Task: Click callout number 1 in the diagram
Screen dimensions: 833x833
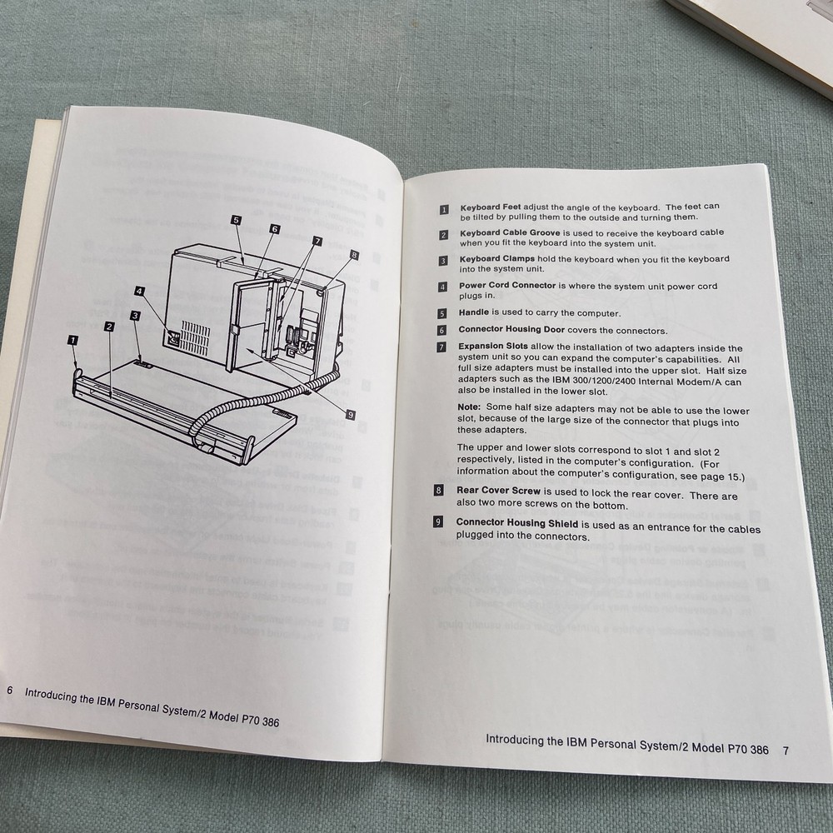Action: [x=73, y=339]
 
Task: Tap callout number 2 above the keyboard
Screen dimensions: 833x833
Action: [x=109, y=327]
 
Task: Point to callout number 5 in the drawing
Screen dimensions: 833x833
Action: [x=237, y=220]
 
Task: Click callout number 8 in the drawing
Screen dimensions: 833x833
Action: [x=354, y=255]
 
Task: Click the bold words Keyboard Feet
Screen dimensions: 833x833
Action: [x=489, y=207]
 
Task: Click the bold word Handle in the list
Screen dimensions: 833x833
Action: [x=472, y=313]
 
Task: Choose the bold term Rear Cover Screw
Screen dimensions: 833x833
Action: [x=495, y=491]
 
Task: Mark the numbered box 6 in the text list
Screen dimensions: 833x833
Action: [x=442, y=330]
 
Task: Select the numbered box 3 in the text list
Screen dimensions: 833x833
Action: [x=443, y=261]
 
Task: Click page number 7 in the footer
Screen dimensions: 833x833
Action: [x=786, y=750]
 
